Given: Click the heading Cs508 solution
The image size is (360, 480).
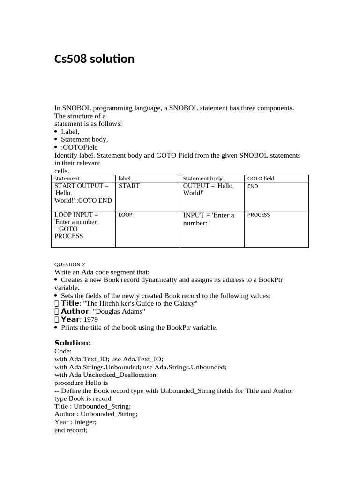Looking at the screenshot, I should [x=95, y=59].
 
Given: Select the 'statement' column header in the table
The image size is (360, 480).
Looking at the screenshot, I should [x=67, y=179].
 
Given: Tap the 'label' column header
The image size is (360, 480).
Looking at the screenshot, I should [x=125, y=179].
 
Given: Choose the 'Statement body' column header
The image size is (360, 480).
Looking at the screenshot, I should [x=202, y=179].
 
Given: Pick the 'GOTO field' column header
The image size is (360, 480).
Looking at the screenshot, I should [x=261, y=179].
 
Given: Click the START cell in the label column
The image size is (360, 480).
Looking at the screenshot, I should [x=129, y=186].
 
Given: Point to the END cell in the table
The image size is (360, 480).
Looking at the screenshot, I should [x=253, y=186].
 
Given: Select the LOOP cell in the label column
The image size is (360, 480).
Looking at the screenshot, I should [x=126, y=215].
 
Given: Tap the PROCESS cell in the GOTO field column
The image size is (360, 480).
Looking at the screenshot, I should [x=258, y=215].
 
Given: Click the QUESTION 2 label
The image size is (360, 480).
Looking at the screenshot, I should [x=70, y=264].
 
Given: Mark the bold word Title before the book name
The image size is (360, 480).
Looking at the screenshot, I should [x=71, y=303].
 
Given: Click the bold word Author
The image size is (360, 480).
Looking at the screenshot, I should [x=75, y=311].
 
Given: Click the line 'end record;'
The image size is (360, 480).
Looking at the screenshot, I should [x=71, y=430].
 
